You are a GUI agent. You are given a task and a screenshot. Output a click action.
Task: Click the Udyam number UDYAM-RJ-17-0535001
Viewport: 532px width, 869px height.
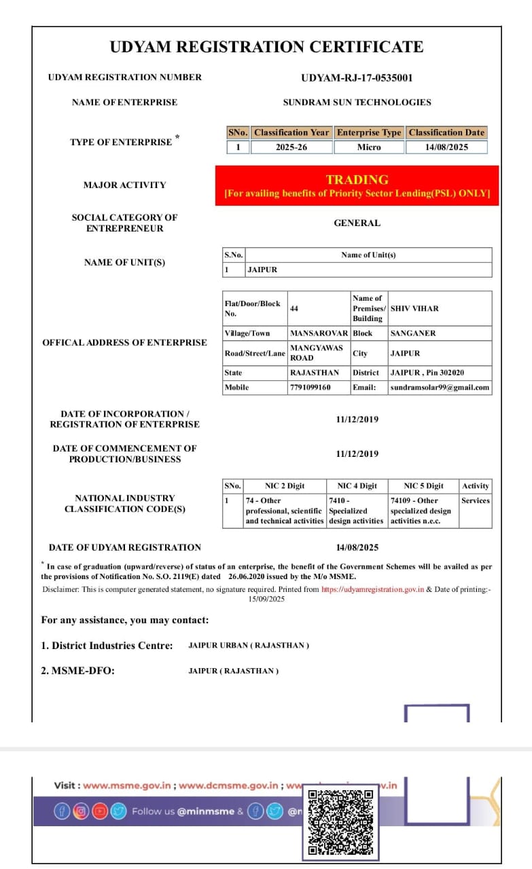click(x=357, y=77)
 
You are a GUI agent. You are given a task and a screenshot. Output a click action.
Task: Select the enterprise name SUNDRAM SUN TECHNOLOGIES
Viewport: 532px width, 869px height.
click(x=357, y=103)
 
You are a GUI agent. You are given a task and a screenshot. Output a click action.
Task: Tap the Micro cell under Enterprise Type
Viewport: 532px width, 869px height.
click(x=369, y=147)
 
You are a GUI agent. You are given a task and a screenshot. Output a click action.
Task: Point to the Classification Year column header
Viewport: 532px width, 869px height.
click(x=291, y=132)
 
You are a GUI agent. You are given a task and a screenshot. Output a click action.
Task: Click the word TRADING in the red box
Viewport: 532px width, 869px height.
click(x=357, y=179)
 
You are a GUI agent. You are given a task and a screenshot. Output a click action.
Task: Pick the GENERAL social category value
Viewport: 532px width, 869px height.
click(x=357, y=223)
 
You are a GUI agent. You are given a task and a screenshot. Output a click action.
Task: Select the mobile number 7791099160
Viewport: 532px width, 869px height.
click(x=311, y=387)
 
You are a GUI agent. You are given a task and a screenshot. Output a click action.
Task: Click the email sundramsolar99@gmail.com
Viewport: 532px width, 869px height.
click(x=440, y=387)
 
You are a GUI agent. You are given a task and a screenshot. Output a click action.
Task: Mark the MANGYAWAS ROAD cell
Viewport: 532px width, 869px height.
click(x=316, y=352)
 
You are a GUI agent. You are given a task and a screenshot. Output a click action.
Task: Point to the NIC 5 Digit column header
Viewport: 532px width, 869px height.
click(x=423, y=486)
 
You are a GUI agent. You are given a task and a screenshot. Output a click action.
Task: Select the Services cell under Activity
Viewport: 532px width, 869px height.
click(x=475, y=500)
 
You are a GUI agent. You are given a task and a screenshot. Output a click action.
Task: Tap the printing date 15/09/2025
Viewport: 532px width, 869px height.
click(x=266, y=599)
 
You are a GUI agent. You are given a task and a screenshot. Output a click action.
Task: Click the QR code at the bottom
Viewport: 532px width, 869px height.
click(x=340, y=821)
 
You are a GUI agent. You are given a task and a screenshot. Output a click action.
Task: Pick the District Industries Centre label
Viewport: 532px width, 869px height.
click(x=107, y=646)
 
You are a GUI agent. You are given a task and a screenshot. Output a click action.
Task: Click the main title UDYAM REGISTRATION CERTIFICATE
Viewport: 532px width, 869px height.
click(x=266, y=47)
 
